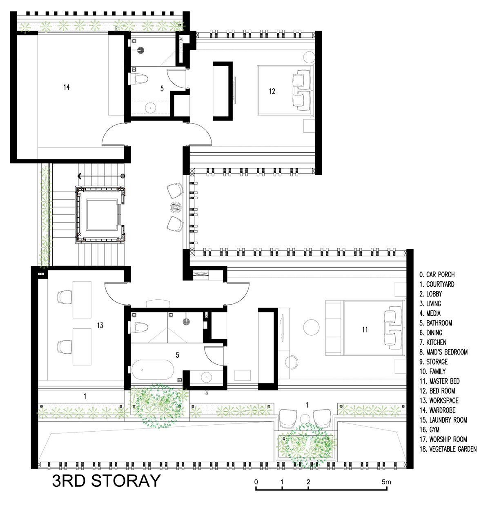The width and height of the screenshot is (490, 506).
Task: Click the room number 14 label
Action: [x=67, y=87]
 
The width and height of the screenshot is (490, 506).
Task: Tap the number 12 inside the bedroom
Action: [x=272, y=91]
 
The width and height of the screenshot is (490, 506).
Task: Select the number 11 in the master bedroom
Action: [x=365, y=330]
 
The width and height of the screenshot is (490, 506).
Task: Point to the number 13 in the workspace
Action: [x=100, y=325]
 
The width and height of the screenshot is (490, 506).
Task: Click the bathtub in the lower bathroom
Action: [x=153, y=370]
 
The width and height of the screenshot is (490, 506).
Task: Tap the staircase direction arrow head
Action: [x=80, y=176]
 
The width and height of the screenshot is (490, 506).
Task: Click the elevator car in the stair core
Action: [x=102, y=215]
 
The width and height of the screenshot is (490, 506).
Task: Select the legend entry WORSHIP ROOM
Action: [x=443, y=439]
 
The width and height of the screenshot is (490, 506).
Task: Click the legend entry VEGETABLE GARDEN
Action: [x=448, y=449]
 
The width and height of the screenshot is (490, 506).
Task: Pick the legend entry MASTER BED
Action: [x=439, y=381]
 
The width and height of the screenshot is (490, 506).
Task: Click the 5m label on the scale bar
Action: [x=386, y=482]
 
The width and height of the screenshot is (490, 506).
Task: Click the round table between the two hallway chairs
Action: [x=176, y=207]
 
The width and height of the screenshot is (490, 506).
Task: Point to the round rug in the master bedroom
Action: [x=311, y=328]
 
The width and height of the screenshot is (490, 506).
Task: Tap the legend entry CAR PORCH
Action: [x=437, y=274]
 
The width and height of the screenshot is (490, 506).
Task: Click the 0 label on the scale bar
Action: [x=256, y=482]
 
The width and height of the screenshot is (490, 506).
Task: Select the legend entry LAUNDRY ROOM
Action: [x=443, y=420]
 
